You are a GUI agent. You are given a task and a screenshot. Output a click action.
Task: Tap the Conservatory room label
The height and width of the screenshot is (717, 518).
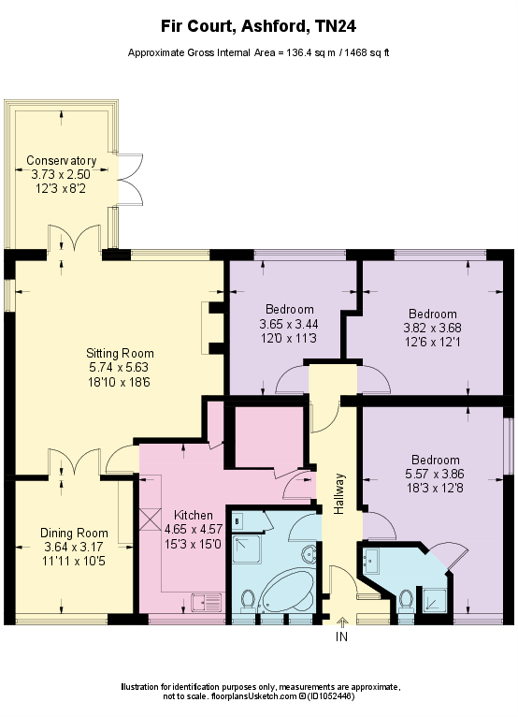[61, 160]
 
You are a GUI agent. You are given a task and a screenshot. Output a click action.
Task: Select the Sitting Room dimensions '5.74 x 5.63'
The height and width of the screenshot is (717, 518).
[112, 367]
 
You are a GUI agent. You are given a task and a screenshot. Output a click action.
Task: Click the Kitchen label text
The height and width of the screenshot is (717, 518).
[194, 516]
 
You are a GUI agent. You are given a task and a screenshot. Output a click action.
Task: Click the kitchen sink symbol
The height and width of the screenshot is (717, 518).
[205, 601]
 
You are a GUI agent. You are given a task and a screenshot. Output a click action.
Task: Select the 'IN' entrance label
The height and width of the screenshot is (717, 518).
[341, 637]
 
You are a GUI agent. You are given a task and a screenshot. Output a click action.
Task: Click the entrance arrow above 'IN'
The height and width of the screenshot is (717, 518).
[341, 622]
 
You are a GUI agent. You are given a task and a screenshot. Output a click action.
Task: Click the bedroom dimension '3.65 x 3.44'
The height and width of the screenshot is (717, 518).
[289, 323]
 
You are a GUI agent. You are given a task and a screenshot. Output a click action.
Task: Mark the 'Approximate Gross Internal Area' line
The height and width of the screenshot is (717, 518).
[259, 53]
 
